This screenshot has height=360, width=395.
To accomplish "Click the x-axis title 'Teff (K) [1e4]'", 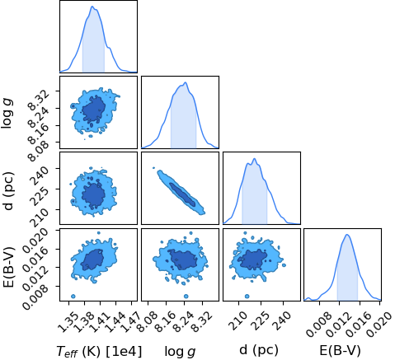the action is tap(99, 351).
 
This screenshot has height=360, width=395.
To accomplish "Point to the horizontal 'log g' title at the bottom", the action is tap(180, 352).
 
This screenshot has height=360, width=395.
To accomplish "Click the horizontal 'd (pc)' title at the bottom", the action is tap(259, 350).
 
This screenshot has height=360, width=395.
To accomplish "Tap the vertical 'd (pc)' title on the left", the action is tap(8, 191).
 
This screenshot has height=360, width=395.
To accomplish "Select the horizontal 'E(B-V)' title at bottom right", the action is tap(340, 350).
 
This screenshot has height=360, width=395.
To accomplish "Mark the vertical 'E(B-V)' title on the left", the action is tap(8, 267).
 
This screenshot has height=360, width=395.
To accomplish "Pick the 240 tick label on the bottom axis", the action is tap(282, 319).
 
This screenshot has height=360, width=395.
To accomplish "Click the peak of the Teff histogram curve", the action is tap(92, 7).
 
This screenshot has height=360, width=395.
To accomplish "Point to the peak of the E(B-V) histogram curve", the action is tap(347, 235).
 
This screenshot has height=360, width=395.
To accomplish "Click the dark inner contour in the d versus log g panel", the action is tap(182, 194).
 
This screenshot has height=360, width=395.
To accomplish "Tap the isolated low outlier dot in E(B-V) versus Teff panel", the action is tap(73, 296).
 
